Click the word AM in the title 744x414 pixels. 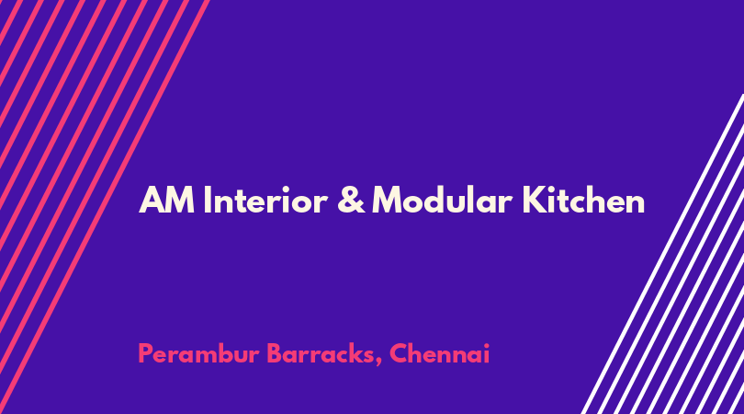(166, 200)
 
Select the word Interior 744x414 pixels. (265, 200)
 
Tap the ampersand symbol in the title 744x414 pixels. (351, 200)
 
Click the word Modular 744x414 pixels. (442, 200)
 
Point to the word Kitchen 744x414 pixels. (583, 200)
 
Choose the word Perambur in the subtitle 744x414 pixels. (198, 354)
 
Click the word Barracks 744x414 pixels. (321, 354)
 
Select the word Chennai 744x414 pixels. (439, 353)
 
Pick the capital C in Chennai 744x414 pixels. (399, 353)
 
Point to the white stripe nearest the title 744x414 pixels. (662, 254)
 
